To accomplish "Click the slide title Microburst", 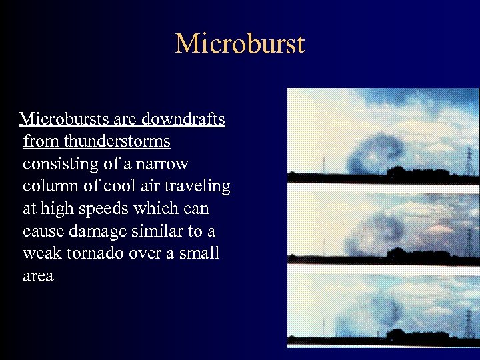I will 240,44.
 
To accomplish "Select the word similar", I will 155,231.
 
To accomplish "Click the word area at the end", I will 38,276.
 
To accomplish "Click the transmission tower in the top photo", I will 469,161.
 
